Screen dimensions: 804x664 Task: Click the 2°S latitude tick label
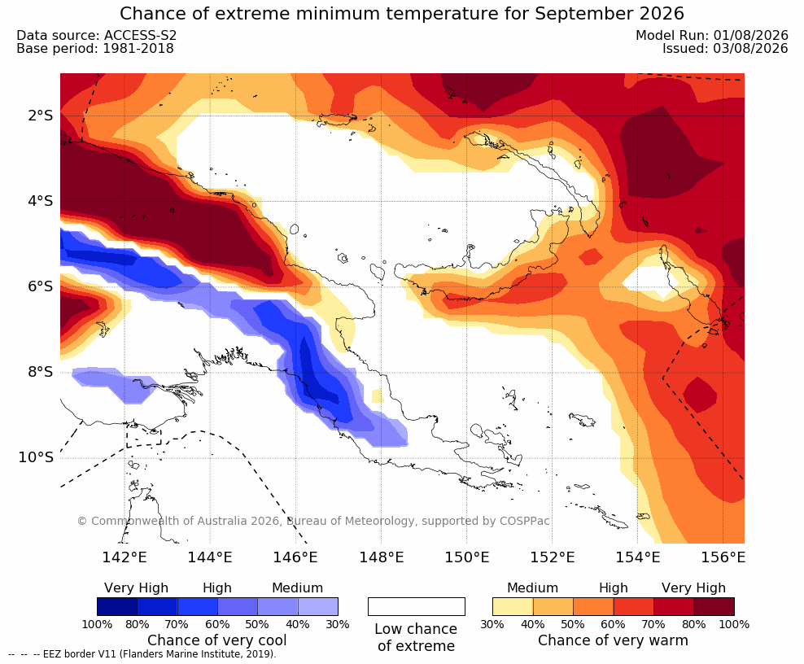coord(41,116)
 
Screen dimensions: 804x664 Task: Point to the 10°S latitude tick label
coord(36,456)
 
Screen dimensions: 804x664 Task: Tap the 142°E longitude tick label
coord(125,557)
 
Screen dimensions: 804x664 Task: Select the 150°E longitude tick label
coord(466,557)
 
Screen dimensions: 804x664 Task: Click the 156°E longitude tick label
coord(723,557)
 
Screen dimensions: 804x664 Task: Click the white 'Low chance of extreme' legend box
coord(417,606)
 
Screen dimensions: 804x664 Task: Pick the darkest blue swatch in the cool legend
coord(117,606)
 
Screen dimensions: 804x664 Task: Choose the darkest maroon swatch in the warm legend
coord(714,606)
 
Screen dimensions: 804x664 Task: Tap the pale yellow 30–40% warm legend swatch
coord(513,606)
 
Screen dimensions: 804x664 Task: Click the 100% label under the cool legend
coord(97,624)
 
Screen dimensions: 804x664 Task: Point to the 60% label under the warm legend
coord(614,624)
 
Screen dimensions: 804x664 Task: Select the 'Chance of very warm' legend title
coord(613,640)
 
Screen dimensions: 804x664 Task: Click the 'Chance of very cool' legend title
coord(217,640)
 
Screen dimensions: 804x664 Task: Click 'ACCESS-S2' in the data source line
coord(141,35)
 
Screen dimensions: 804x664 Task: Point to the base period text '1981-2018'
coord(138,48)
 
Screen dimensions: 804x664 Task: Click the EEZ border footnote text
coord(142,654)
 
